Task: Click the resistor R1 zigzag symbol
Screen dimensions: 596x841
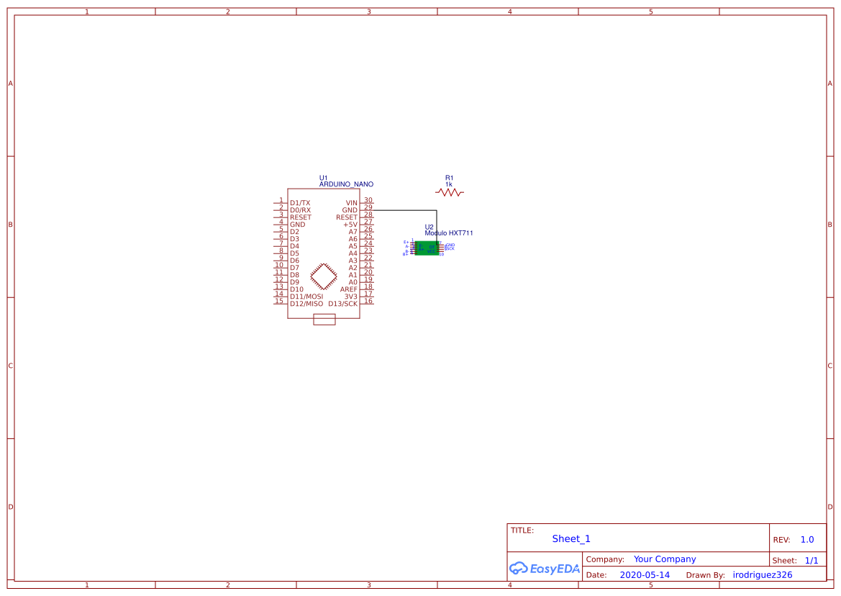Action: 450,192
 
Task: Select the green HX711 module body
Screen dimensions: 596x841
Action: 427,248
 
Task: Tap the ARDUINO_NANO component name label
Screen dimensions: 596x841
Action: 346,184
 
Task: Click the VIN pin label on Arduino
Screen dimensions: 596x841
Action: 351,203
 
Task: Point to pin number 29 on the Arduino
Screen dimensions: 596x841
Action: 368,207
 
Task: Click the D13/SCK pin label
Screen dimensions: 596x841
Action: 342,304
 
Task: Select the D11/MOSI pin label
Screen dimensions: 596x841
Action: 306,297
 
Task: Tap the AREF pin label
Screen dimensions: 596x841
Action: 348,289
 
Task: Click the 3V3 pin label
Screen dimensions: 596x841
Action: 350,297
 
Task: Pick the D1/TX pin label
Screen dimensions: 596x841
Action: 300,203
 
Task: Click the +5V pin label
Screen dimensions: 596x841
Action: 350,225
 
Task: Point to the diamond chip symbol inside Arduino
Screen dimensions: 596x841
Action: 324,276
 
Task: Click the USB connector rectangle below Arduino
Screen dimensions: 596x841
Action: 324,320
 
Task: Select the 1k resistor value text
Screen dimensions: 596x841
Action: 449,184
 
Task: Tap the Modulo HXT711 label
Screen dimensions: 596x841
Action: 448,233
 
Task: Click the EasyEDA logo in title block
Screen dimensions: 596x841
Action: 545,568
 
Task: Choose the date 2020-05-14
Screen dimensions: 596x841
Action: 644,575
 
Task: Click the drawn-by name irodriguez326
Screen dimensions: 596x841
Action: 762,575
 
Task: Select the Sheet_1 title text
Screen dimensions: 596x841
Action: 571,538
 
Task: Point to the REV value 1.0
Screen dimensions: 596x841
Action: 806,539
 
